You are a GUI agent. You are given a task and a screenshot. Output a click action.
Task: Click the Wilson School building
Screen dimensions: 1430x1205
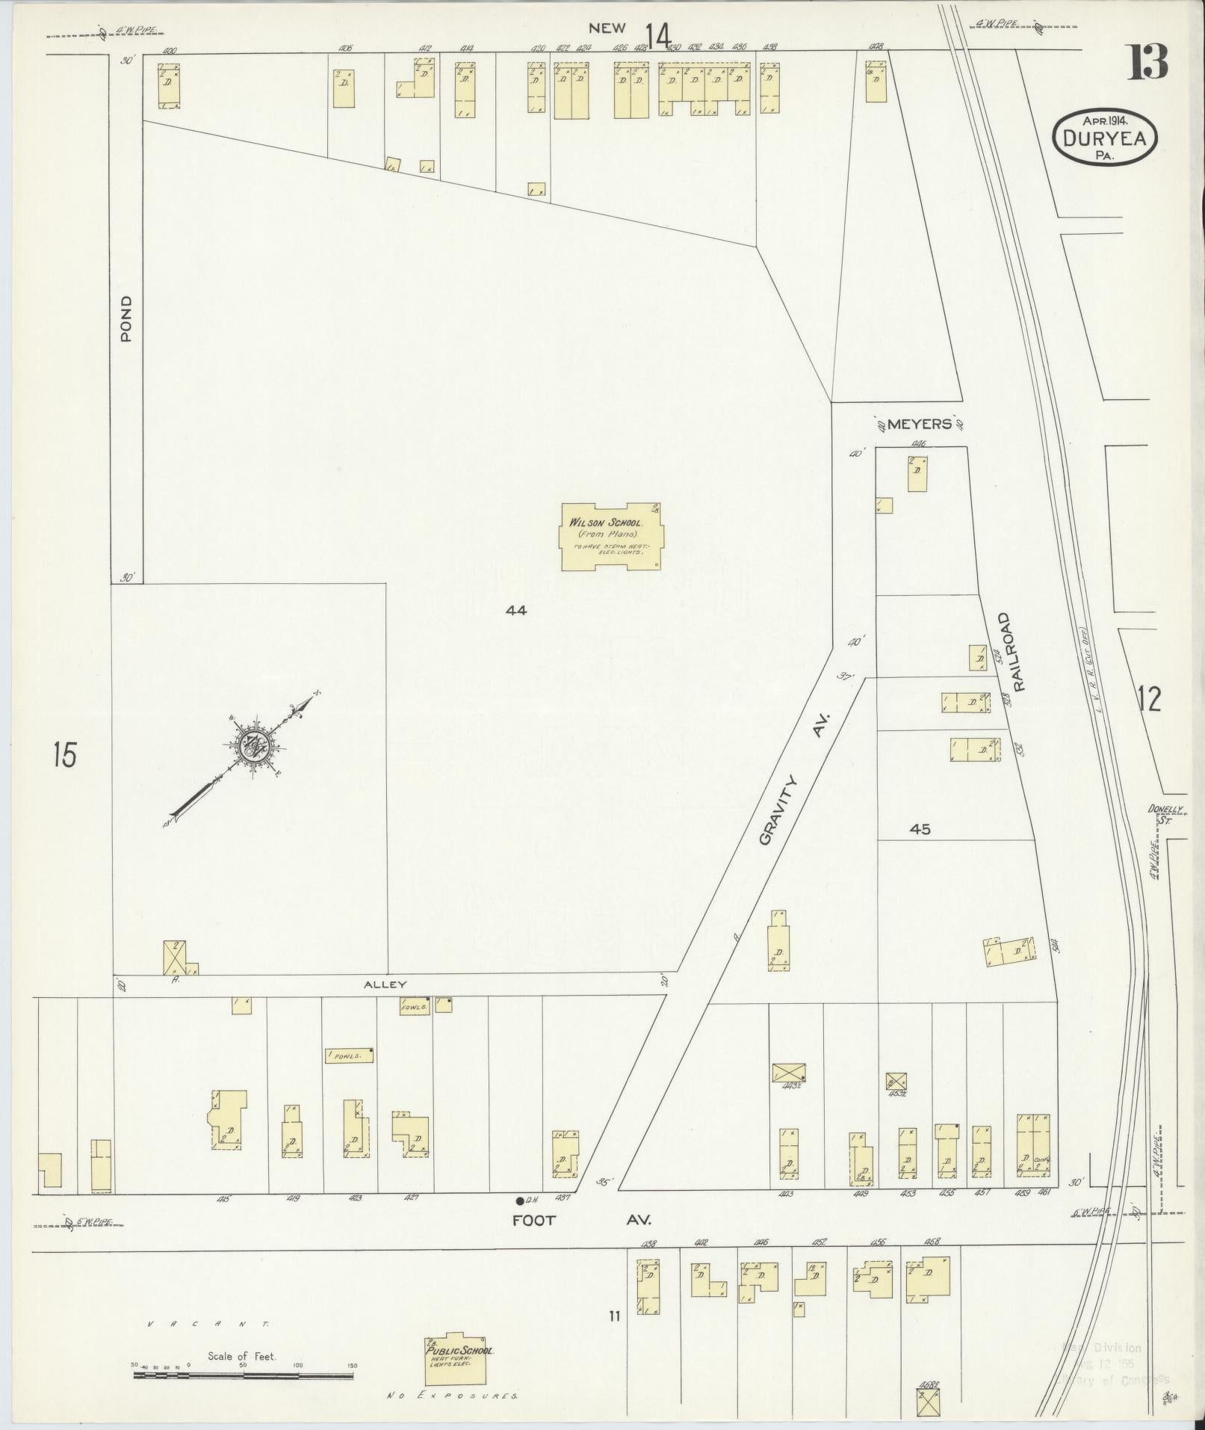[x=611, y=535]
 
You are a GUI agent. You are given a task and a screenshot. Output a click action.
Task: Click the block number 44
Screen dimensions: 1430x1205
[x=515, y=610]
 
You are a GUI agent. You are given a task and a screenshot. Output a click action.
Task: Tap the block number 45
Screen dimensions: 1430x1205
[x=920, y=829]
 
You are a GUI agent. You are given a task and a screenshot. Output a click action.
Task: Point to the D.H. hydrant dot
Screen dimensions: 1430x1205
[x=519, y=1201]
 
